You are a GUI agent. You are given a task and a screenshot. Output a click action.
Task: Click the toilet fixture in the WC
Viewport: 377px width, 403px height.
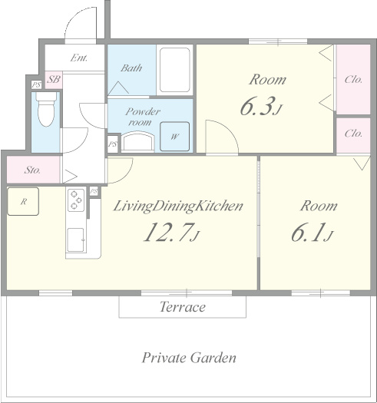[x=46, y=109]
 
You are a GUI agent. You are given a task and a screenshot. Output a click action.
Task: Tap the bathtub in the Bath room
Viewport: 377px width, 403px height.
[x=174, y=70]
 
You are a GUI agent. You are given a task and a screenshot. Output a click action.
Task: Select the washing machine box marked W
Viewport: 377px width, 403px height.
[x=174, y=137]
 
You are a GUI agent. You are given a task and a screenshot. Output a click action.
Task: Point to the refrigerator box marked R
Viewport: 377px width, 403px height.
[x=23, y=201]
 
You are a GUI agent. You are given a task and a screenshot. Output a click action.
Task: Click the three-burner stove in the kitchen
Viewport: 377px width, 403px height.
[x=76, y=200]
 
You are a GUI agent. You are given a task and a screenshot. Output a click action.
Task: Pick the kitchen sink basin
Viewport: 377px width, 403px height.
[x=75, y=240]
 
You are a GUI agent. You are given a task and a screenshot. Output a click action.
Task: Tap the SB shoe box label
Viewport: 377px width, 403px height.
[x=54, y=79]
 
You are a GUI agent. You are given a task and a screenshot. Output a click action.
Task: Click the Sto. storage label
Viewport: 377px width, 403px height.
[x=32, y=170]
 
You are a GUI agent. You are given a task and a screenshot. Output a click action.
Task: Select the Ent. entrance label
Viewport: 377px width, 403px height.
[x=79, y=58]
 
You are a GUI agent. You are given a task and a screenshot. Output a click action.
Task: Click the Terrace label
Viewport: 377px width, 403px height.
[x=183, y=306]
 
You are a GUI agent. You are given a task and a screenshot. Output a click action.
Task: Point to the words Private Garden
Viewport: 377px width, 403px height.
[x=189, y=358]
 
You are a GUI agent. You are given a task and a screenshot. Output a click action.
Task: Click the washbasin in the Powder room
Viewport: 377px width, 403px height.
[x=137, y=141]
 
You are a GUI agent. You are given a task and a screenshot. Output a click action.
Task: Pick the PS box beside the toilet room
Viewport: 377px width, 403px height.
[x=36, y=84]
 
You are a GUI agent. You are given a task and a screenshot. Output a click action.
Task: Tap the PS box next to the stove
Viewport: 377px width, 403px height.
[x=94, y=191]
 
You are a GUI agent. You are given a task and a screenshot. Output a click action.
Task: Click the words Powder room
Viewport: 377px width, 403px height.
[x=143, y=117]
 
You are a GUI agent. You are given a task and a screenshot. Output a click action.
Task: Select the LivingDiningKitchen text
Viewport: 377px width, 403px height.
[x=178, y=206]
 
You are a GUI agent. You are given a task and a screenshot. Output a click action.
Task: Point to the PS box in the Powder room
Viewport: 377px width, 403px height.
[x=113, y=144]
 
